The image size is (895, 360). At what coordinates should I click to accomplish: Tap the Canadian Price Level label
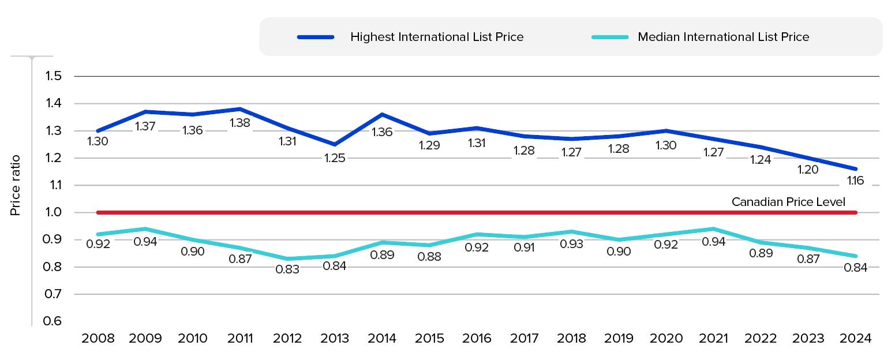coord(788,202)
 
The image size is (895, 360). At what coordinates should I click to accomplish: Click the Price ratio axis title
coord(16,185)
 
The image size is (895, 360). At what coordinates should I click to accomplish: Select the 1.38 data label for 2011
coord(240,122)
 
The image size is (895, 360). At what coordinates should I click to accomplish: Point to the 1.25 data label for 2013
coord(335,157)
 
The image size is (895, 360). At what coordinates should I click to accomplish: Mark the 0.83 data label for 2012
coord(287,269)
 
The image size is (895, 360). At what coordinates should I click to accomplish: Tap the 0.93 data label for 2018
coord(571,243)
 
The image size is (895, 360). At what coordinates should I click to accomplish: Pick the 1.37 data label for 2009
coord(145,126)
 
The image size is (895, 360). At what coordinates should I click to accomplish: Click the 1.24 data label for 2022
coord(761,160)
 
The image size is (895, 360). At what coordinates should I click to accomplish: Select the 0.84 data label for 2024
coord(856,268)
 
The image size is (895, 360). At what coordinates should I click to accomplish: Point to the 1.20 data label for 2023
coord(808,170)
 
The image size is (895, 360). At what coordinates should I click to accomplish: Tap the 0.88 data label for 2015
coord(429,257)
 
